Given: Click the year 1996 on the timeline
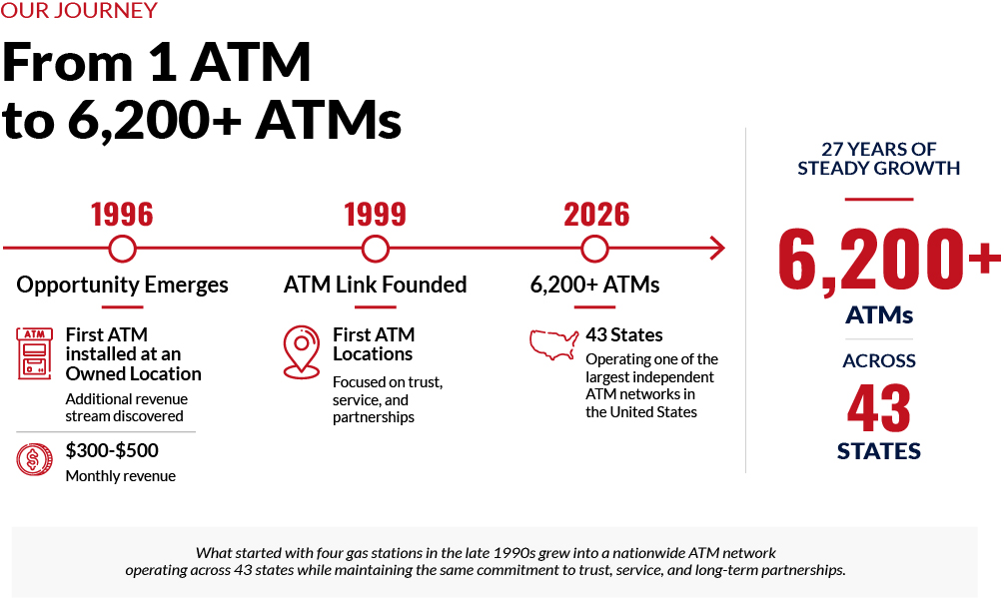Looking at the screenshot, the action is click(x=122, y=215).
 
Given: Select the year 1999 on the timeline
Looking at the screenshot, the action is click(x=376, y=215).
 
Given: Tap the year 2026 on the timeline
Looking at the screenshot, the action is click(x=596, y=215).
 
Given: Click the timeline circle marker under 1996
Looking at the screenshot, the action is click(x=122, y=236).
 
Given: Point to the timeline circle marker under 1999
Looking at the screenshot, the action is click(x=376, y=236).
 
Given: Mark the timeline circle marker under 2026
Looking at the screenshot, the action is click(x=594, y=236).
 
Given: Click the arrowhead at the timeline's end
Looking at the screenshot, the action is click(x=718, y=249).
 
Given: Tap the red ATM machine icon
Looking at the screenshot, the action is click(x=35, y=353).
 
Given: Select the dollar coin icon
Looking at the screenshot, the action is click(x=35, y=459).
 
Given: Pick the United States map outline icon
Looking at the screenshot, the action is click(x=553, y=344).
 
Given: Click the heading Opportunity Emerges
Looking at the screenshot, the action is click(x=122, y=285).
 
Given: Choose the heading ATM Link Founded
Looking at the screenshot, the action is click(x=376, y=285).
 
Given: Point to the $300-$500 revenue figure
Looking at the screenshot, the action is click(x=112, y=450).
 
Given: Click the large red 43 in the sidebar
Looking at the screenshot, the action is click(x=878, y=407).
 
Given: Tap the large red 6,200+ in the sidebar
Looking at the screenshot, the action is click(x=889, y=259).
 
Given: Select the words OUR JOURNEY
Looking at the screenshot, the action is click(x=79, y=10).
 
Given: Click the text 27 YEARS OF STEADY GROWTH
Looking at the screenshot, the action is click(x=878, y=159).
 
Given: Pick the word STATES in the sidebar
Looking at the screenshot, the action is click(x=879, y=451).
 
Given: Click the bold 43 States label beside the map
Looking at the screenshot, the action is click(x=624, y=334).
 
